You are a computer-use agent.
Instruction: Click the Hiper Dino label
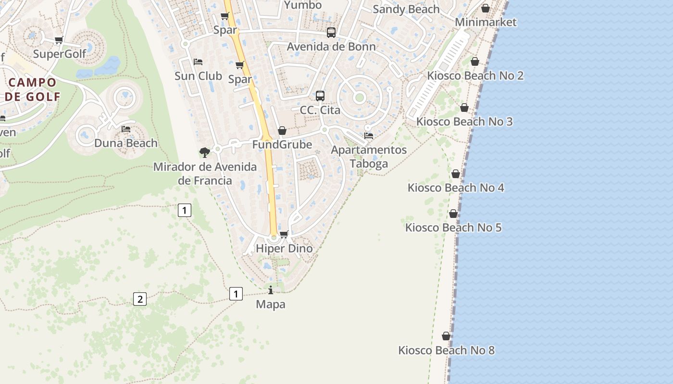click(x=284, y=249)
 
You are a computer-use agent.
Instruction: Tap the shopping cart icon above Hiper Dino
click(x=284, y=234)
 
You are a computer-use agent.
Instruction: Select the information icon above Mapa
click(x=271, y=290)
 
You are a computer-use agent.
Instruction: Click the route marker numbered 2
click(x=139, y=299)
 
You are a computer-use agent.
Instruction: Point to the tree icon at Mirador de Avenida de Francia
click(x=205, y=153)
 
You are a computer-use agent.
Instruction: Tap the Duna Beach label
click(x=126, y=143)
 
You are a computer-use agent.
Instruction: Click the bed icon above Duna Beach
click(x=126, y=129)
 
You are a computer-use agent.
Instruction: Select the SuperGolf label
click(x=59, y=54)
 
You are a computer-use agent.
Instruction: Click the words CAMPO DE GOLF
click(x=33, y=89)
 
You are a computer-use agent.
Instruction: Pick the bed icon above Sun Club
click(x=198, y=62)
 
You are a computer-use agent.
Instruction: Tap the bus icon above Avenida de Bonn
click(x=331, y=33)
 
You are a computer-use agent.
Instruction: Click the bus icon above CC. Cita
click(x=320, y=96)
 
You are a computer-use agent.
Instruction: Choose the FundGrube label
click(x=282, y=144)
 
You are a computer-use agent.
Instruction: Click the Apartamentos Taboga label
click(x=369, y=156)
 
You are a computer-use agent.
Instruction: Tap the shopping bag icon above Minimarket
click(x=486, y=8)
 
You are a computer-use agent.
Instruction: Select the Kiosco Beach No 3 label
click(x=464, y=121)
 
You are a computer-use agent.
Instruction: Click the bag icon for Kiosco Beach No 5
click(x=453, y=214)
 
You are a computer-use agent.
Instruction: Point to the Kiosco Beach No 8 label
click(x=446, y=350)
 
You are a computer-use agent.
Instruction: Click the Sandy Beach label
click(x=406, y=9)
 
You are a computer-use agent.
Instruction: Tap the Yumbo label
click(x=303, y=5)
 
